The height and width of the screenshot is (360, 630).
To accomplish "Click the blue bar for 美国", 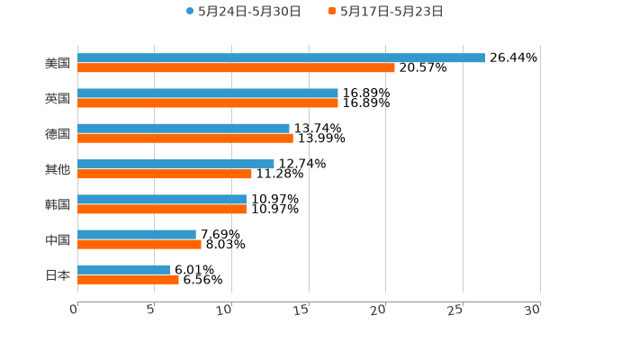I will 281,58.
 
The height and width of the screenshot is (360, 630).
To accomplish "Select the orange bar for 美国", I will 236,67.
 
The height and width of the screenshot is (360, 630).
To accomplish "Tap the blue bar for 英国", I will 208,93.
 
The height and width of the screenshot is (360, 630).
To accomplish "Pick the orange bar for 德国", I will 185,138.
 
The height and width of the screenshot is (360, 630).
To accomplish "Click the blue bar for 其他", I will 175,164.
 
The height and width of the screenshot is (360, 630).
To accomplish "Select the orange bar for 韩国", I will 162,209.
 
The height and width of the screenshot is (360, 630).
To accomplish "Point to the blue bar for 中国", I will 137,234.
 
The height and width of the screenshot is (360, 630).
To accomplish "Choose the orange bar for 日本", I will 128,279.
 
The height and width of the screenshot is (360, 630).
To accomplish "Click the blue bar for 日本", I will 123,269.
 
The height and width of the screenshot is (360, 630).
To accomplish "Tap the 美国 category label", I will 58,63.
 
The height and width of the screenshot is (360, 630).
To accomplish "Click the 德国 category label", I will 58,133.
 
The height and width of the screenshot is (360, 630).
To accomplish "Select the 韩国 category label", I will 58,204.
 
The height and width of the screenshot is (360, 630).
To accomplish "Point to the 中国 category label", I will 58,239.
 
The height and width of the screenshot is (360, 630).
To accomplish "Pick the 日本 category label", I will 58,274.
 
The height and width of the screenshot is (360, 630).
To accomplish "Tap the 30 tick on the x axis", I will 533,310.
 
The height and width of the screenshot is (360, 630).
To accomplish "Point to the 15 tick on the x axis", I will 302,310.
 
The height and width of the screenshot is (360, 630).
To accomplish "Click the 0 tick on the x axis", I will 75,310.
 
